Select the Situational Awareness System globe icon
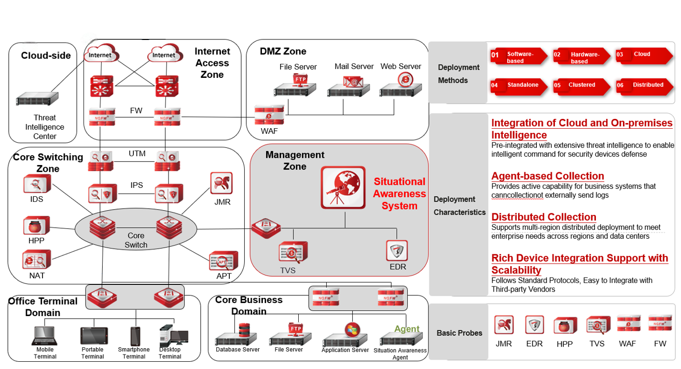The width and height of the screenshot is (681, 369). coord(342,187)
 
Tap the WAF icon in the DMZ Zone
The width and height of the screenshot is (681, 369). coord(269,115)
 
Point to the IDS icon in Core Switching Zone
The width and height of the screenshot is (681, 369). coord(37,184)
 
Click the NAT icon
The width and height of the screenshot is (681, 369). coord(37,259)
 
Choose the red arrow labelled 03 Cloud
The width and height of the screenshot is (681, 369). coord(642,56)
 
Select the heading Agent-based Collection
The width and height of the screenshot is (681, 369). coord(548,176)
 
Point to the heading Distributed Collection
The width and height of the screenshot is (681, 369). coord(544,217)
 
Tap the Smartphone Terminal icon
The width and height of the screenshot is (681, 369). coord(135,336)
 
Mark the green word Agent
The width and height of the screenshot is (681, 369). coord(407,329)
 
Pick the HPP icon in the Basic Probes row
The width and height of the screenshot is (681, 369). coord(565,325)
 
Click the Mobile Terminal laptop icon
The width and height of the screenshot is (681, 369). coord(45,336)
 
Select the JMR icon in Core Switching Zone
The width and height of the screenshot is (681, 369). coord(221,184)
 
